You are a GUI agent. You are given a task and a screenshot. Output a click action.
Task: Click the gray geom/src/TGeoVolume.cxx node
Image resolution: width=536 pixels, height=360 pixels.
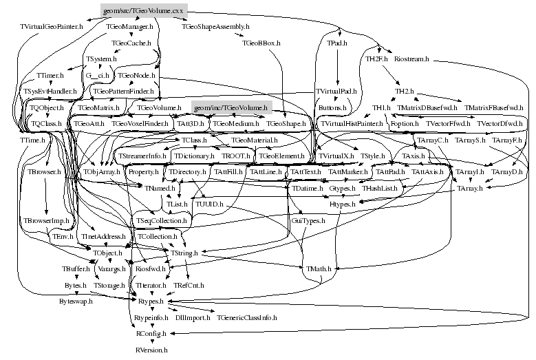click(144, 10)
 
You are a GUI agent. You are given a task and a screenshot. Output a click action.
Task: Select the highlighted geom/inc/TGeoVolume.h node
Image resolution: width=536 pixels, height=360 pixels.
click(230, 108)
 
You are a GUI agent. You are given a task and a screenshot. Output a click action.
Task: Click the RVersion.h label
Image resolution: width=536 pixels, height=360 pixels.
click(151, 350)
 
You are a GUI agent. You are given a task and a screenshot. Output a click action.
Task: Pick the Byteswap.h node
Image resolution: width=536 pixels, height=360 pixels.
click(76, 301)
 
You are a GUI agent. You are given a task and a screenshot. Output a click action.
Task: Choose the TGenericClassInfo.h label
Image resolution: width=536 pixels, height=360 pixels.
click(247, 318)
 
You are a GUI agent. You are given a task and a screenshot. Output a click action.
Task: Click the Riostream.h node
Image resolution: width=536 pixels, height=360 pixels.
click(412, 59)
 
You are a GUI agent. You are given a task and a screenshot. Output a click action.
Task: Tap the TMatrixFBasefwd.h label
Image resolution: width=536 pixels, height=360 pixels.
click(493, 108)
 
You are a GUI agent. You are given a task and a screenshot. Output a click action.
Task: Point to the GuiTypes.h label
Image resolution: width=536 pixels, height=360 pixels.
click(308, 220)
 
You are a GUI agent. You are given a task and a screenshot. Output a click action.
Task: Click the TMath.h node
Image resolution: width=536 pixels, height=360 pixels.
click(319, 268)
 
